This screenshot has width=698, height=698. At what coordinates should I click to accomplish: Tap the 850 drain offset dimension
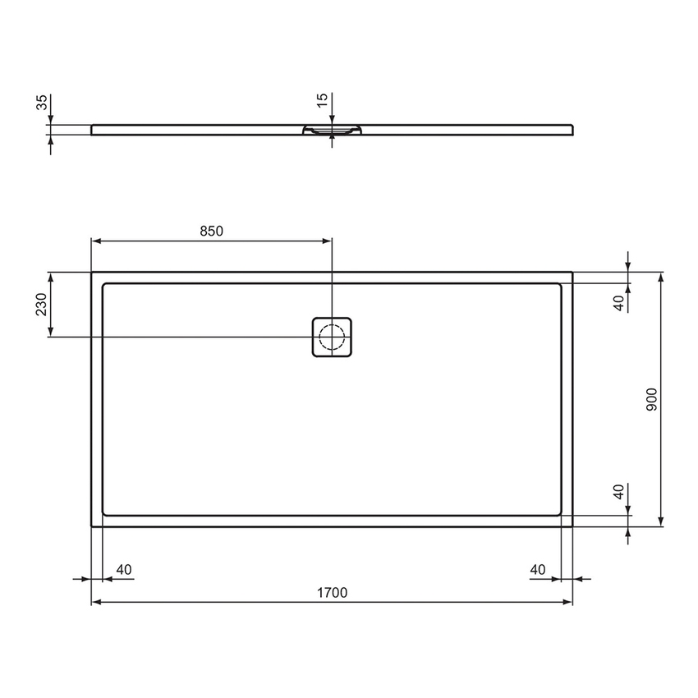pos(211,232)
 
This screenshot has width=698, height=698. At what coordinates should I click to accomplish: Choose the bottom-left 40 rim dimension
pos(124,569)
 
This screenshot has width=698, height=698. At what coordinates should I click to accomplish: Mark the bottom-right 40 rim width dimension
pos(539,569)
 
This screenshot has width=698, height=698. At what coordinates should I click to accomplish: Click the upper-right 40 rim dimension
pos(620,301)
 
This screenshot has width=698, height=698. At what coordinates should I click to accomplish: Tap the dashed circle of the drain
pos(332,337)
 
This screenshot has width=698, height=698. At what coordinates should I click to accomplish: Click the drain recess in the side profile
pos(332,130)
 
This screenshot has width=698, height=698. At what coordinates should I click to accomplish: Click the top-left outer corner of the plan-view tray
pos(91,272)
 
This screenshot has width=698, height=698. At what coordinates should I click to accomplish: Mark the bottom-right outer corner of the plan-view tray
pos(572,526)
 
